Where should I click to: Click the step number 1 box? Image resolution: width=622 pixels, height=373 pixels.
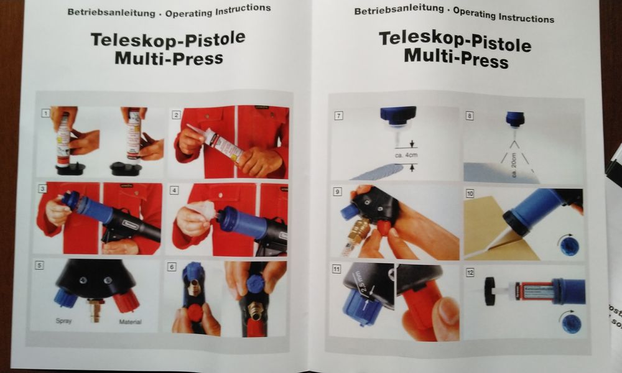pyautogui.click(x=45, y=113)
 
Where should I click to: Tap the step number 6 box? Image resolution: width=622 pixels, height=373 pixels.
pyautogui.click(x=172, y=266)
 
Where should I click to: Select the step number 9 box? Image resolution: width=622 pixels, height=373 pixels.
pyautogui.click(x=337, y=191)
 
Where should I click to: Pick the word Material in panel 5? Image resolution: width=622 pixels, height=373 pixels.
pyautogui.click(x=130, y=321)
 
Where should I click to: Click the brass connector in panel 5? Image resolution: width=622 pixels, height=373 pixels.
pyautogui.click(x=95, y=308)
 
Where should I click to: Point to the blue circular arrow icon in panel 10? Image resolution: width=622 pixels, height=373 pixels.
pyautogui.click(x=569, y=245)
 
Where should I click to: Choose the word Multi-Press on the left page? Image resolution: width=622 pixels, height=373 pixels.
pyautogui.click(x=169, y=58)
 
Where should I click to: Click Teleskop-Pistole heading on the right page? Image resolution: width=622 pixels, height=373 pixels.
pyautogui.click(x=455, y=42)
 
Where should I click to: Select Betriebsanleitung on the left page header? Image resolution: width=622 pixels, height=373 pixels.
pyautogui.click(x=100, y=11)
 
